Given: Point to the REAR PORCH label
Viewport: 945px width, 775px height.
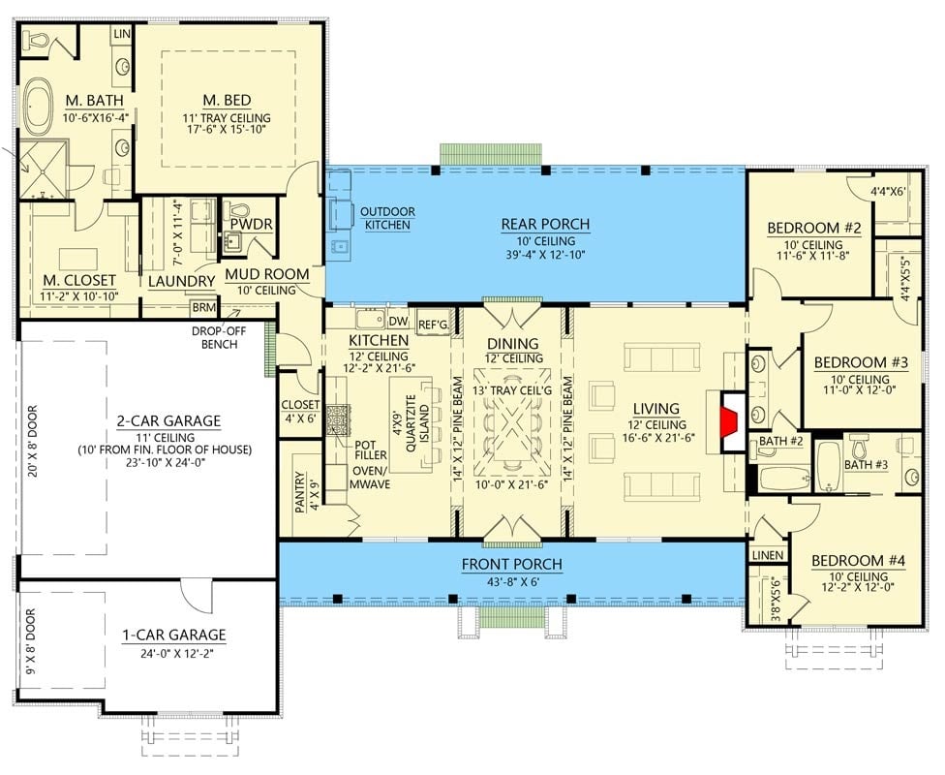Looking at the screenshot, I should (x=545, y=225).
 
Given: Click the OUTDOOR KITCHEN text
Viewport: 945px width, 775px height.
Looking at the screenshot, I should (x=387, y=218).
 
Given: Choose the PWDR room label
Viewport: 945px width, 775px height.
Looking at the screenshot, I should (x=249, y=225).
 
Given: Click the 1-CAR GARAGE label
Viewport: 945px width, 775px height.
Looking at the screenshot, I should (x=173, y=635).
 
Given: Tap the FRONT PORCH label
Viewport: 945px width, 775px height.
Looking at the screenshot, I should (x=511, y=565).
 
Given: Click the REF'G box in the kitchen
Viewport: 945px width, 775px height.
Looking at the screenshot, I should (x=432, y=324).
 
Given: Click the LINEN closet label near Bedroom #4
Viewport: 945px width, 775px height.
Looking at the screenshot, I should (x=767, y=554).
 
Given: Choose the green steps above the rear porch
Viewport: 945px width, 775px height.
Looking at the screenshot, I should (x=490, y=155).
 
